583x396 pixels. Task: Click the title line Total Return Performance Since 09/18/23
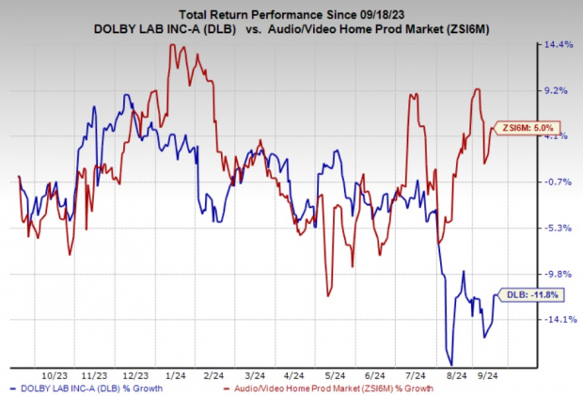coord(291,11)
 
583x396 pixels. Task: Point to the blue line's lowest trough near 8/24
coord(451,364)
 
